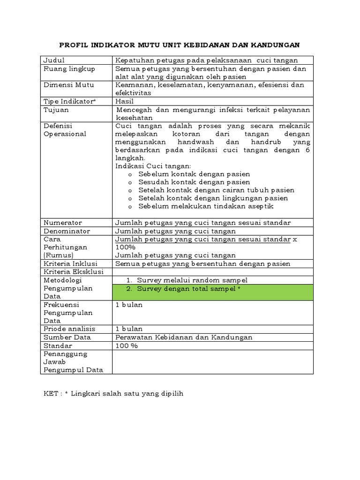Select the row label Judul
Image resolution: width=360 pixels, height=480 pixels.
(x=54, y=60)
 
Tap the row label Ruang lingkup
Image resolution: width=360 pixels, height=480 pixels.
(x=69, y=69)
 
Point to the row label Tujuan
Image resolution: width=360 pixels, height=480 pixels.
(x=56, y=110)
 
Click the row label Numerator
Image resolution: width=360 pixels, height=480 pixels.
(x=62, y=223)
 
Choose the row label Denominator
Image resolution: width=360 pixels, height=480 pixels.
(x=67, y=231)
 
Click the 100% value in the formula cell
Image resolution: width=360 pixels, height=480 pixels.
(x=125, y=247)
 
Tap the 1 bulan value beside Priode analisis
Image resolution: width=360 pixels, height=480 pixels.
(x=129, y=329)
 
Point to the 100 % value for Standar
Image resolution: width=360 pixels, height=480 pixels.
(x=127, y=345)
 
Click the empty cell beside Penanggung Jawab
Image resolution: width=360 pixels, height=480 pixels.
(x=212, y=362)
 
